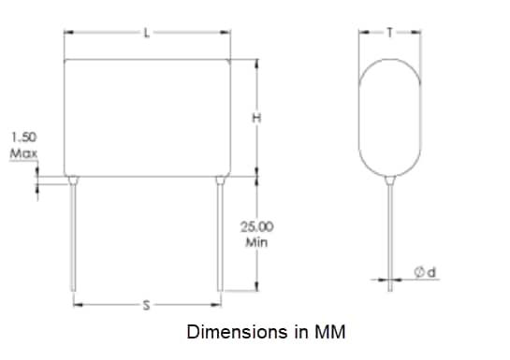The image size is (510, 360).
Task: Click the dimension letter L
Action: [147, 33]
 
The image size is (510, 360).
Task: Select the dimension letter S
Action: [146, 305]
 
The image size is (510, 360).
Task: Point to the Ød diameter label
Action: [427, 271]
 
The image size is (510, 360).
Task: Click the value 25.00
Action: [257, 227]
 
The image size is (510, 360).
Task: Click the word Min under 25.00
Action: [257, 241]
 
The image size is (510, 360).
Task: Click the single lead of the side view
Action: [390, 234]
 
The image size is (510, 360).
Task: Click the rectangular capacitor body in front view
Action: [147, 117]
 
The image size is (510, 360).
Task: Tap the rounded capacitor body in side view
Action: [390, 117]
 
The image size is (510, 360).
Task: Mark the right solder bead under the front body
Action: [220, 179]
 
